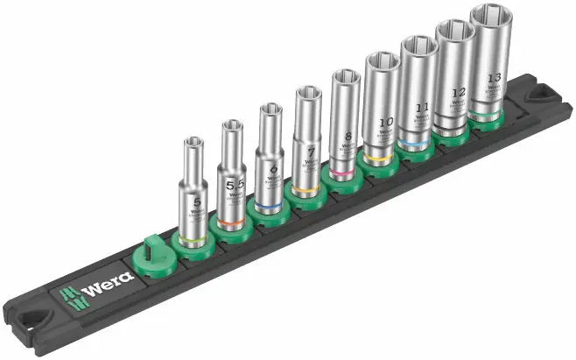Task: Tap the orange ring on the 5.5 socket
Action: coord(233,226)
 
